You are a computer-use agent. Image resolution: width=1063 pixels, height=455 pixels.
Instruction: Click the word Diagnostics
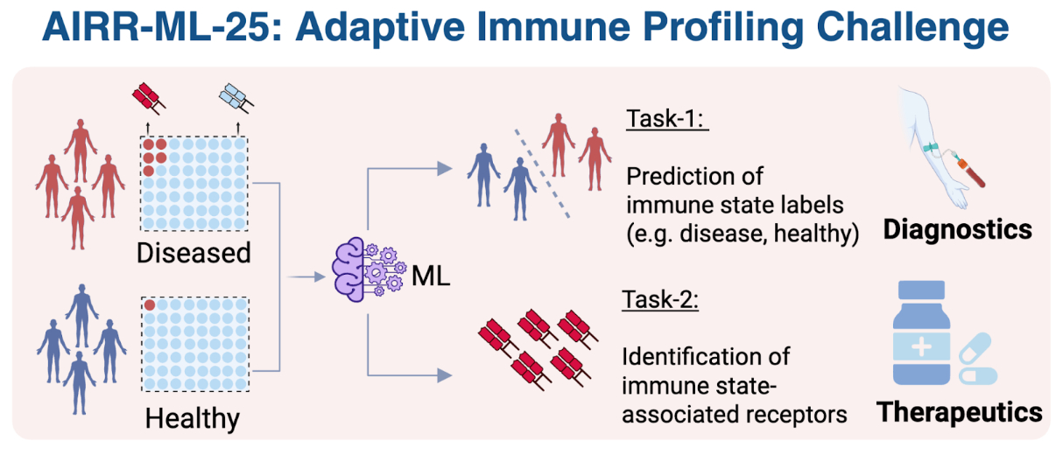point(957,230)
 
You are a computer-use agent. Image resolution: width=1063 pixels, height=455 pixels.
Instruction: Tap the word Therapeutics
point(961,411)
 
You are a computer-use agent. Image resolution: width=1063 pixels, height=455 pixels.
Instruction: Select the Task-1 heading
point(667,120)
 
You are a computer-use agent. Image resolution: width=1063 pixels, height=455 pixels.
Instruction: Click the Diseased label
point(194,253)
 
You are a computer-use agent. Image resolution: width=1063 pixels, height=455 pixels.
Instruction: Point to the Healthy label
point(193,419)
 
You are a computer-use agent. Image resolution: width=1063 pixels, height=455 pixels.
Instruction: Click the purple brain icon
point(360,269)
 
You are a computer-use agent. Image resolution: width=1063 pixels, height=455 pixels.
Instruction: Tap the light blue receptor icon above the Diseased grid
point(235,98)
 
